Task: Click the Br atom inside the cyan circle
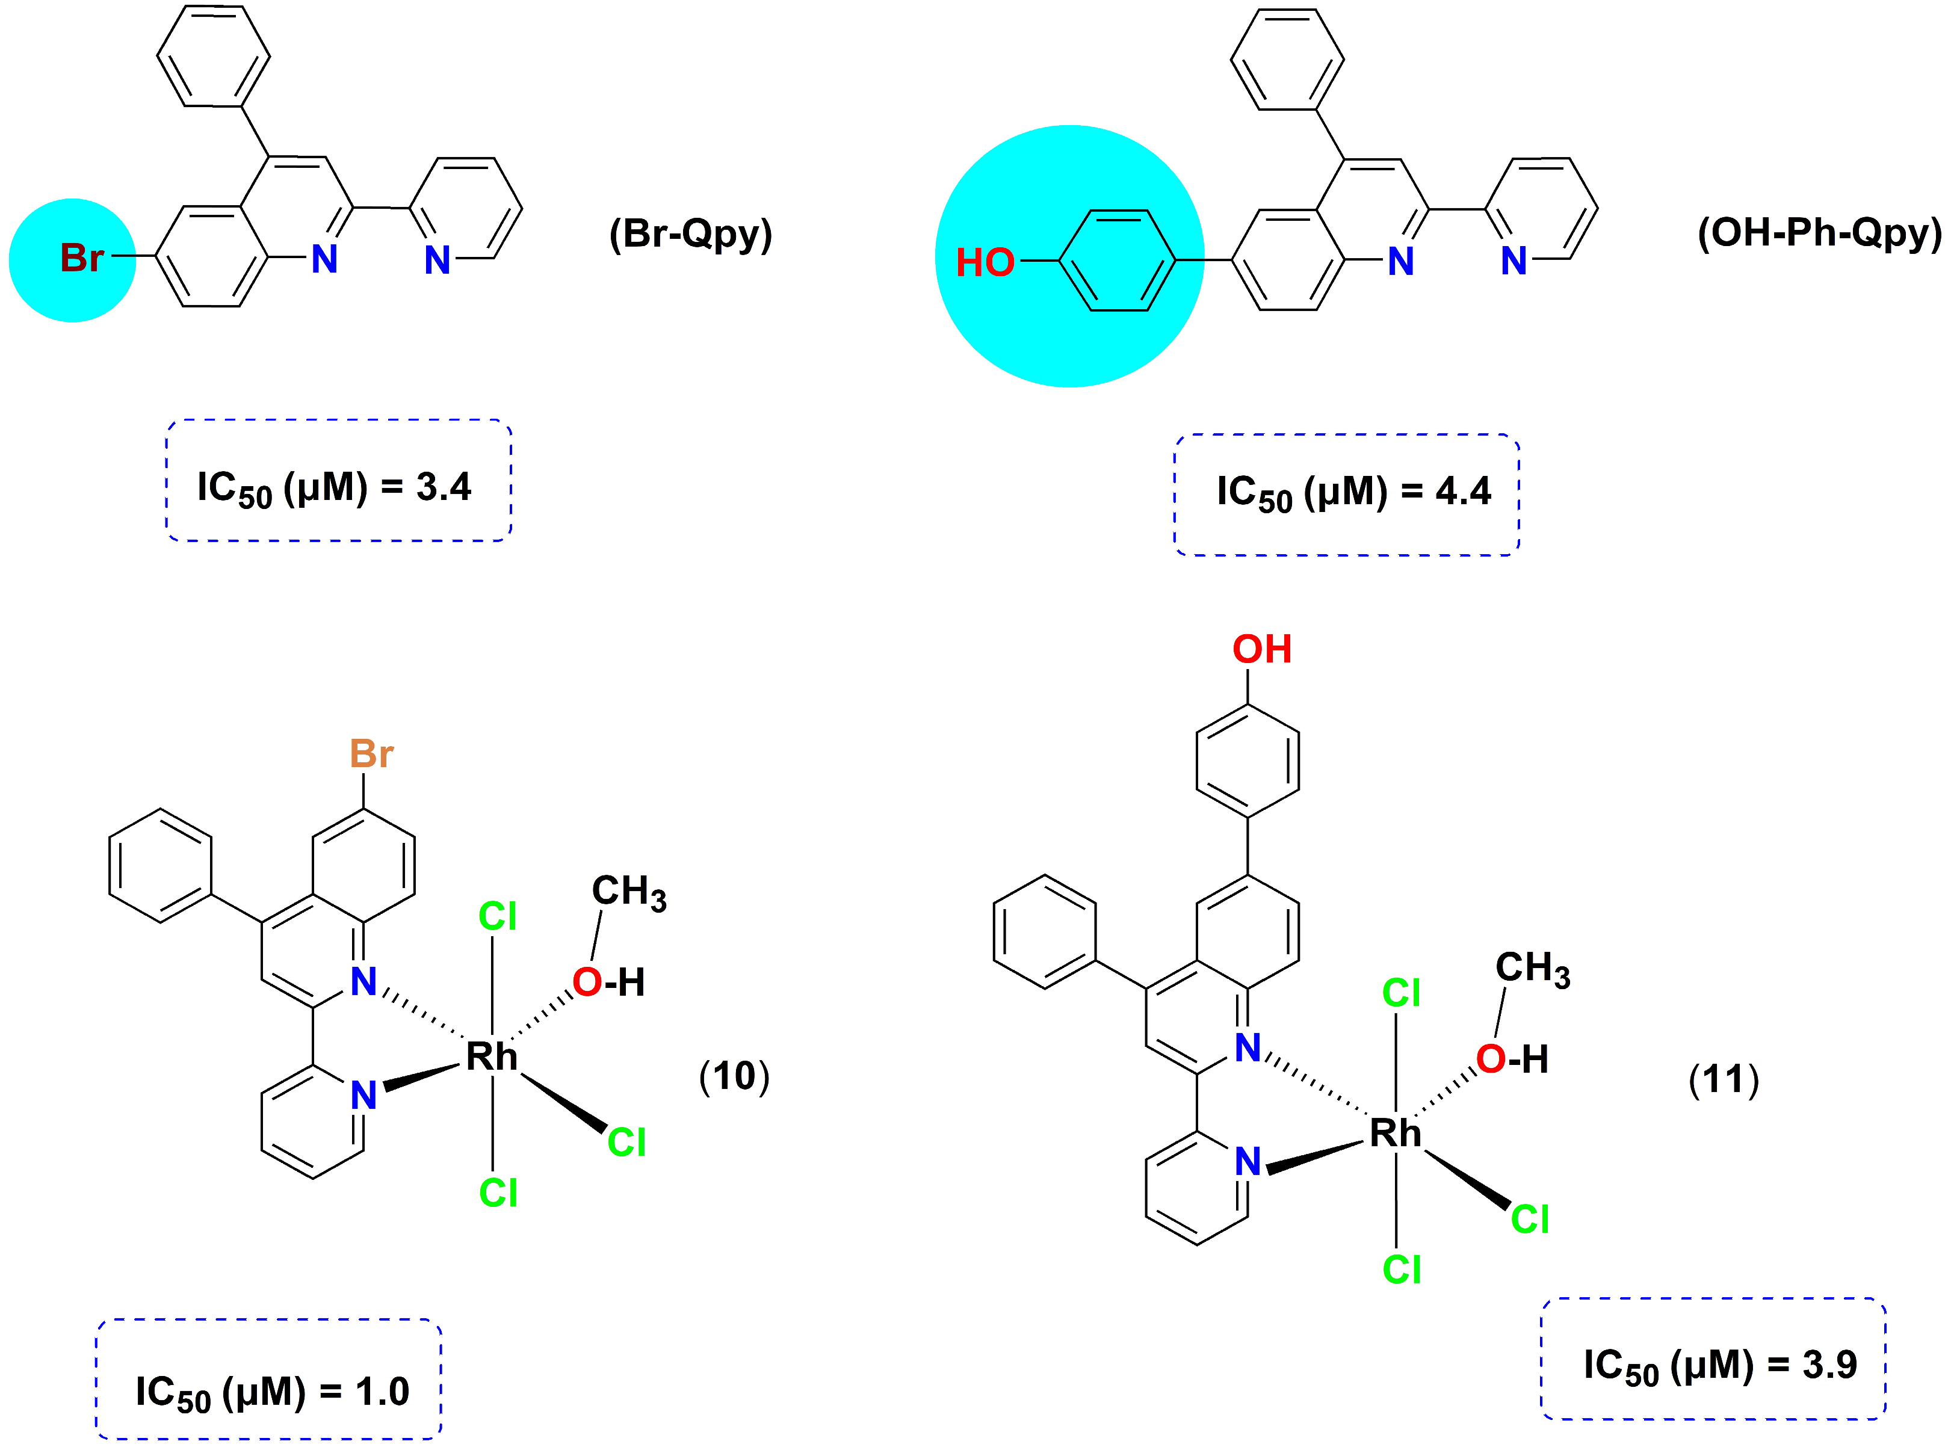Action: point(81,258)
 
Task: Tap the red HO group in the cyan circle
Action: point(984,262)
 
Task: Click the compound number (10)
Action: point(734,1076)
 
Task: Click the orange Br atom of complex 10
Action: point(371,753)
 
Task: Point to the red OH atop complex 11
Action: point(1261,650)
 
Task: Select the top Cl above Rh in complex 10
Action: point(497,916)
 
